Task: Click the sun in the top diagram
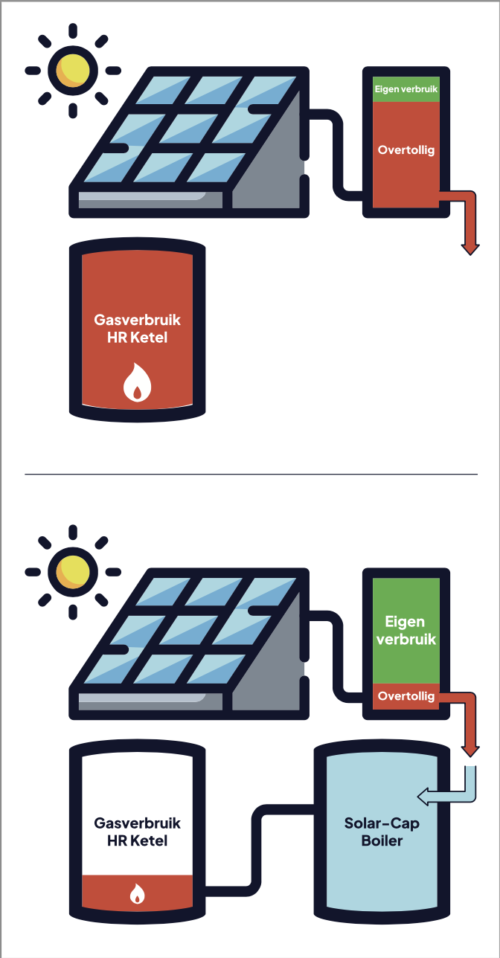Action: pos(73,70)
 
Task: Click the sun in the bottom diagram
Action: pos(73,571)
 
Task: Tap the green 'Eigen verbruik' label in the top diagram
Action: pos(406,89)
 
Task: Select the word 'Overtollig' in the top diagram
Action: pos(406,150)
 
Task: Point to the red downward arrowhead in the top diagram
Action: pos(469,248)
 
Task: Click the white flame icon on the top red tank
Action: pos(137,382)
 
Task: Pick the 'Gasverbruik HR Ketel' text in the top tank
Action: pos(137,328)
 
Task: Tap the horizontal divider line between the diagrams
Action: pos(251,474)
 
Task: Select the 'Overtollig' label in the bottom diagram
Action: pos(406,697)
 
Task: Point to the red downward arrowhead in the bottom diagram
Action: pos(469,747)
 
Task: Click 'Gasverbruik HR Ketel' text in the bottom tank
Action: pos(137,832)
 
